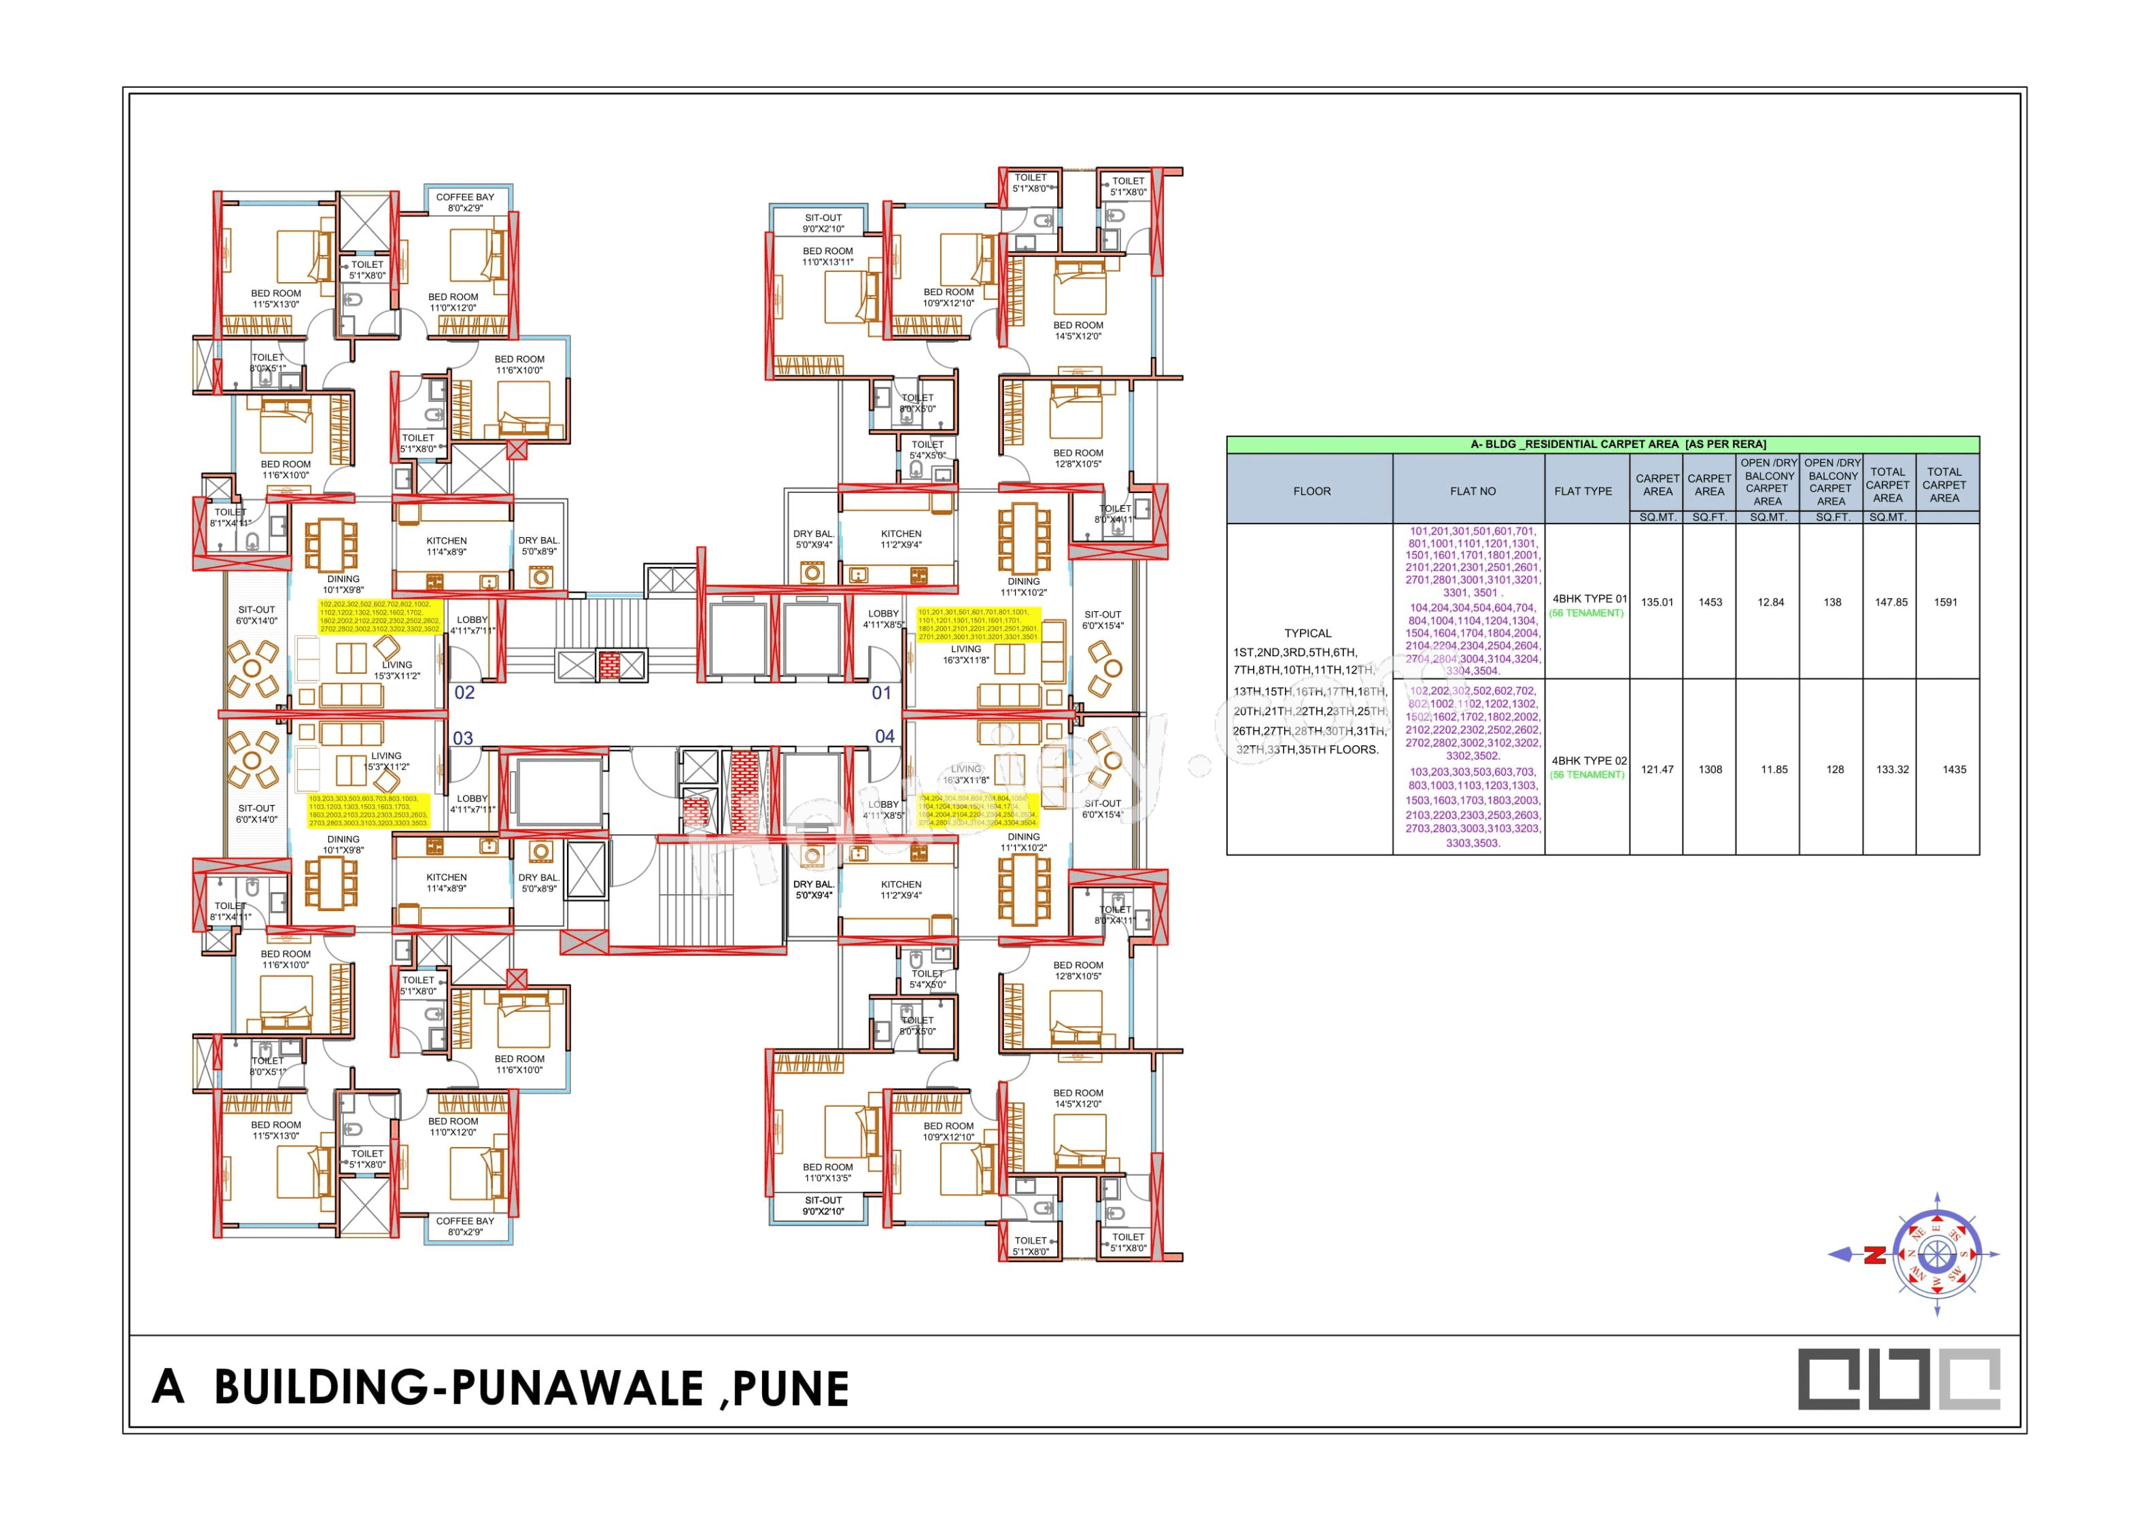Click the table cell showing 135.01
click(1656, 602)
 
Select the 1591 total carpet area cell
click(1945, 602)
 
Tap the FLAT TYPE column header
click(1583, 491)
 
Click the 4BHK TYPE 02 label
click(1589, 761)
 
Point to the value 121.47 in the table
click(1656, 770)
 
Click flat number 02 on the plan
click(465, 693)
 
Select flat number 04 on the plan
click(884, 736)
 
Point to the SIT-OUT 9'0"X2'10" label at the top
click(823, 223)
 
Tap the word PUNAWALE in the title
click(577, 1388)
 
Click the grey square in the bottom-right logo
click(1969, 1378)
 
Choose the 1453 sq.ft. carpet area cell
click(1710, 602)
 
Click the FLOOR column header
click(1311, 491)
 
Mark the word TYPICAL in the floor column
click(1308, 634)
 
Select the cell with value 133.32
click(1891, 770)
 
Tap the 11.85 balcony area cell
click(1774, 770)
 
